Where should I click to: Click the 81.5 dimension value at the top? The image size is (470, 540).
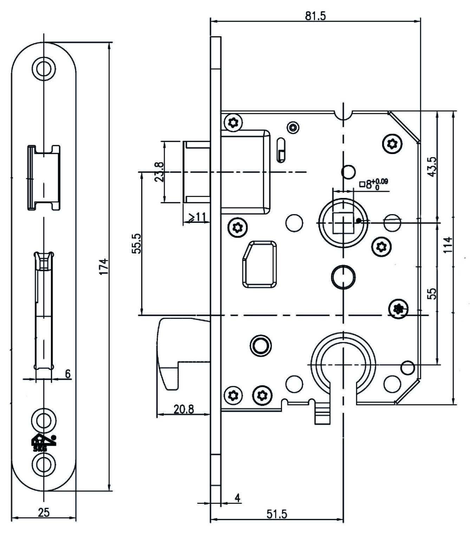click(315, 16)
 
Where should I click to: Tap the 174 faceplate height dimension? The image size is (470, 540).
click(104, 266)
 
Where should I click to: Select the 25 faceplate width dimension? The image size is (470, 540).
click(44, 512)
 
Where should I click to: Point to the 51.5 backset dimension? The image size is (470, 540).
click(276, 514)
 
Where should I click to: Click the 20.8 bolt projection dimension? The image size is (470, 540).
click(184, 409)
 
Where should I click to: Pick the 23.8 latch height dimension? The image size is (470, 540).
click(159, 172)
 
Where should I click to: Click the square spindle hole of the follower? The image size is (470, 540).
click(343, 223)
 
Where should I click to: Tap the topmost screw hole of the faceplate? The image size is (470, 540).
click(44, 67)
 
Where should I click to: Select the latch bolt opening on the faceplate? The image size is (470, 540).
click(44, 178)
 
